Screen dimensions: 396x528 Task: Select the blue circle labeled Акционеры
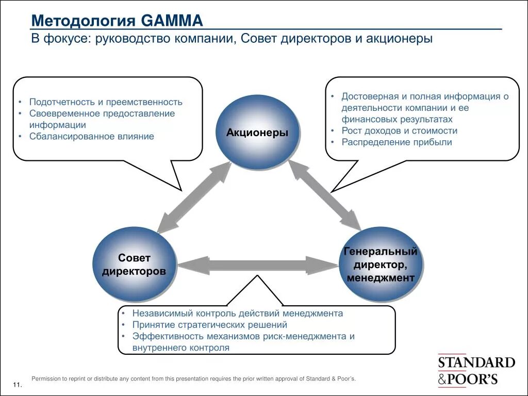pyautogui.click(x=257, y=133)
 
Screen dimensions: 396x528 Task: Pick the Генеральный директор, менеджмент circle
pyautogui.click(x=381, y=265)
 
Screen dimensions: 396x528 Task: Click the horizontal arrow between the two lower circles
pyautogui.click(x=257, y=265)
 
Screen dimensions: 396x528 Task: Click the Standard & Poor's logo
pyautogui.click(x=476, y=371)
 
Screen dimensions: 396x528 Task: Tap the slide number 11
pyautogui.click(x=16, y=386)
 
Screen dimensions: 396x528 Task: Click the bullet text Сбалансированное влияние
pyautogui.click(x=92, y=137)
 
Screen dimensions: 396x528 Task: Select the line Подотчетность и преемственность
pyautogui.click(x=106, y=102)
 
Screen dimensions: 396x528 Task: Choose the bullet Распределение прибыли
pyautogui.click(x=397, y=142)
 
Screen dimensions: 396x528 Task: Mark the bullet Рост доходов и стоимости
pyautogui.click(x=399, y=131)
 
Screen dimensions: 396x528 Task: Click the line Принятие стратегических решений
pyautogui.click(x=209, y=325)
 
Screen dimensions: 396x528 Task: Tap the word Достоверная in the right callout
pyautogui.click(x=367, y=96)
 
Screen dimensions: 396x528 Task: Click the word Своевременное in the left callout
pyautogui.click(x=61, y=113)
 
